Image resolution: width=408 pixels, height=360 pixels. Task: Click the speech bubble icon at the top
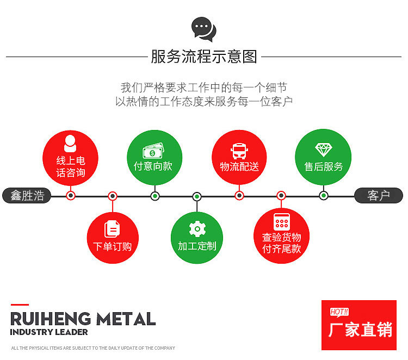203,29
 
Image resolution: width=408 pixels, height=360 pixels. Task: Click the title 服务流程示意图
203,57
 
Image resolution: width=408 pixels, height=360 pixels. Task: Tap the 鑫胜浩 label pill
27,196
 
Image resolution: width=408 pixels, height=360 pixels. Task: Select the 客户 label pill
379,196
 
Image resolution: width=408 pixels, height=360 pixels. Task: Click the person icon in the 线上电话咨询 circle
71,142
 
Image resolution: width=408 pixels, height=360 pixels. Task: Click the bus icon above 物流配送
239,150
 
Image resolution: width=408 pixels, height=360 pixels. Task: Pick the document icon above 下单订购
112,229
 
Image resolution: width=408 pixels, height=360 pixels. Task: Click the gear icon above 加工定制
197,228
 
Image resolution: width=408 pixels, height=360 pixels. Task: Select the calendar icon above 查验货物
281,221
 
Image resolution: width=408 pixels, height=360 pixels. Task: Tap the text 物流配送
239,166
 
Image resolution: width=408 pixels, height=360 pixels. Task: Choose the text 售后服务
324,166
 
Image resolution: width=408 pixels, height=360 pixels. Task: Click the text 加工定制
197,246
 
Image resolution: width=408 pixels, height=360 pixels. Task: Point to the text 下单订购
113,246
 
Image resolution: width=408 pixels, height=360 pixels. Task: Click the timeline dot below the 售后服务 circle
324,196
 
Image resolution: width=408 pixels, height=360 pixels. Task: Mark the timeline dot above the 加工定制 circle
197,196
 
